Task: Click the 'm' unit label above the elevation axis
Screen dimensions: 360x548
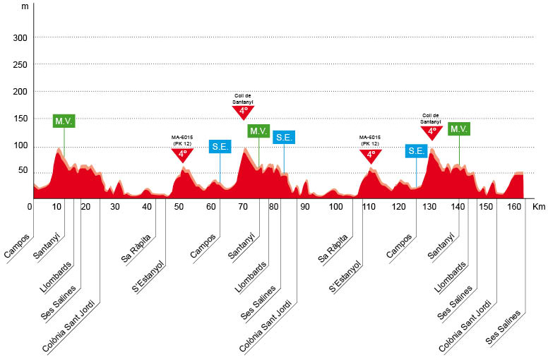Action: [x=25, y=6]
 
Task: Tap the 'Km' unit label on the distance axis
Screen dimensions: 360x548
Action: [x=540, y=207]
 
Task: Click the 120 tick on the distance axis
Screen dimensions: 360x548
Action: [x=400, y=207]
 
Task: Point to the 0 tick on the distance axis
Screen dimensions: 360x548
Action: [x=30, y=207]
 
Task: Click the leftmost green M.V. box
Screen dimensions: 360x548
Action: [x=64, y=121]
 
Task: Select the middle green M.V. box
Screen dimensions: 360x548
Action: [x=258, y=131]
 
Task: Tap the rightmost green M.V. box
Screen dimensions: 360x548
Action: [x=459, y=129]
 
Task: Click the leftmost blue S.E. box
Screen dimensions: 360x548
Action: [x=220, y=147]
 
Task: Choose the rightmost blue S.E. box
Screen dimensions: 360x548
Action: [x=416, y=150]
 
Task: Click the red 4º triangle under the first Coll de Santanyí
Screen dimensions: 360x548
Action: [x=243, y=111]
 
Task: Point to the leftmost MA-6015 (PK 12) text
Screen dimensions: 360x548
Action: [x=182, y=140]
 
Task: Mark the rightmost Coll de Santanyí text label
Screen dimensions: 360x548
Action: [x=431, y=119]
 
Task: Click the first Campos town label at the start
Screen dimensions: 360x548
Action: [x=17, y=245]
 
